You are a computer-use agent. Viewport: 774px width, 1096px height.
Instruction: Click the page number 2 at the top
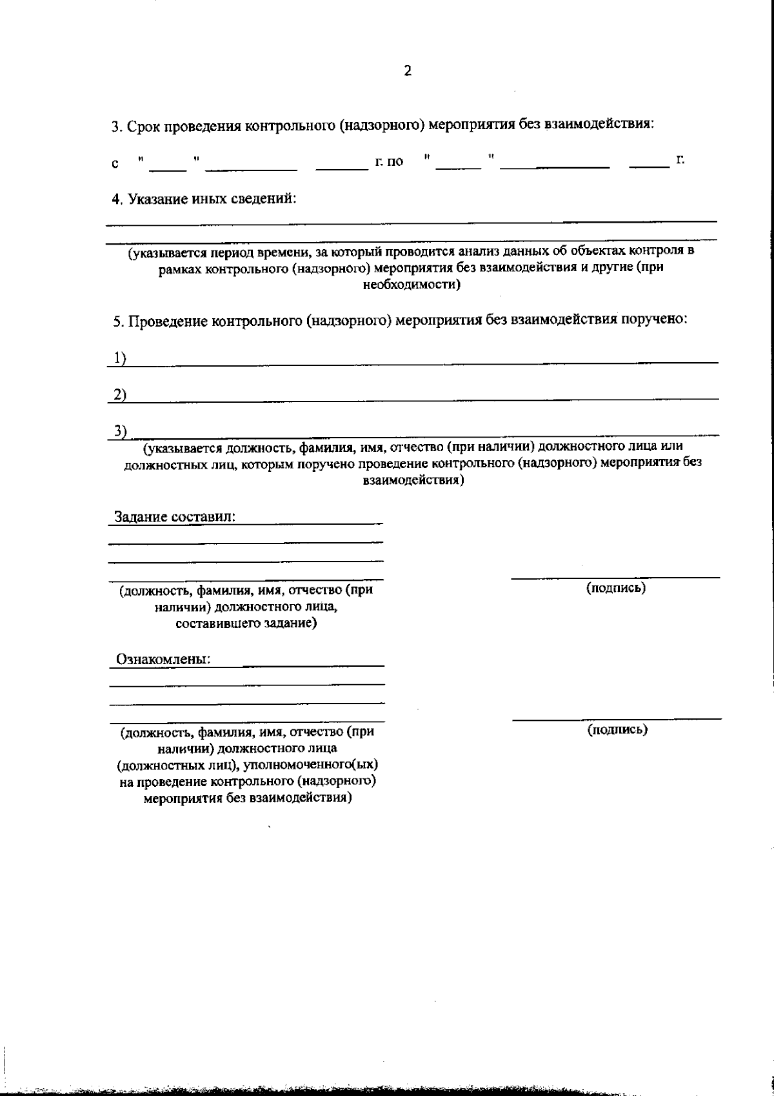click(407, 72)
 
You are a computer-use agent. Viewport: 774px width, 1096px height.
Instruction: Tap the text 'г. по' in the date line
click(389, 161)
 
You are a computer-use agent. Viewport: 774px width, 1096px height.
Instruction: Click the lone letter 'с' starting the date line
click(115, 163)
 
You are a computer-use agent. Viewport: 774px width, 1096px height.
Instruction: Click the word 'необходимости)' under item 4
click(412, 285)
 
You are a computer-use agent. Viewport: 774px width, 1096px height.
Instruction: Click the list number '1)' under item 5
click(119, 359)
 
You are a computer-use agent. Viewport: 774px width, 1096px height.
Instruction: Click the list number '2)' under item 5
click(119, 394)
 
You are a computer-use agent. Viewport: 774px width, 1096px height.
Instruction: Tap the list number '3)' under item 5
click(120, 431)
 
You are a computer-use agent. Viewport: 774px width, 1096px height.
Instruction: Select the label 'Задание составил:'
click(175, 517)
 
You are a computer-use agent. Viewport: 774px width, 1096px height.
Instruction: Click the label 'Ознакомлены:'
click(163, 660)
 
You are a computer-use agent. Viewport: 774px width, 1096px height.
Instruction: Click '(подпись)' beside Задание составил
click(615, 587)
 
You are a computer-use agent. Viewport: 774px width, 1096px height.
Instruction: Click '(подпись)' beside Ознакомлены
click(617, 729)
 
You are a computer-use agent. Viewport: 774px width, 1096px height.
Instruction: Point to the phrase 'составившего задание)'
click(246, 624)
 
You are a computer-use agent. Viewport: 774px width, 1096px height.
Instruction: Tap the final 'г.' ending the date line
click(680, 159)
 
